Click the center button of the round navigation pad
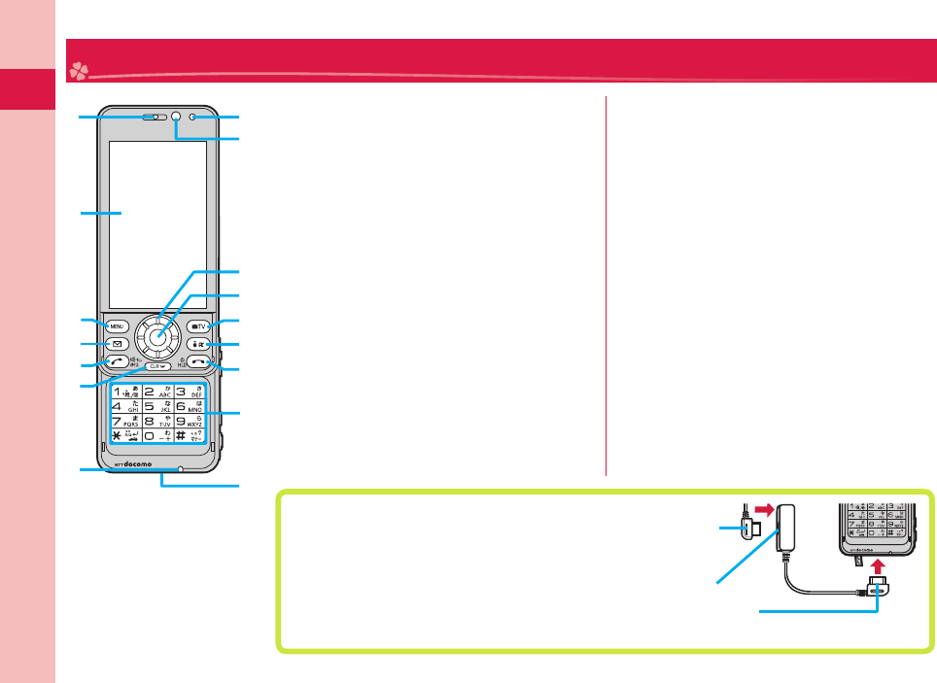point(161,334)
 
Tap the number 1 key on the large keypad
point(126,393)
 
